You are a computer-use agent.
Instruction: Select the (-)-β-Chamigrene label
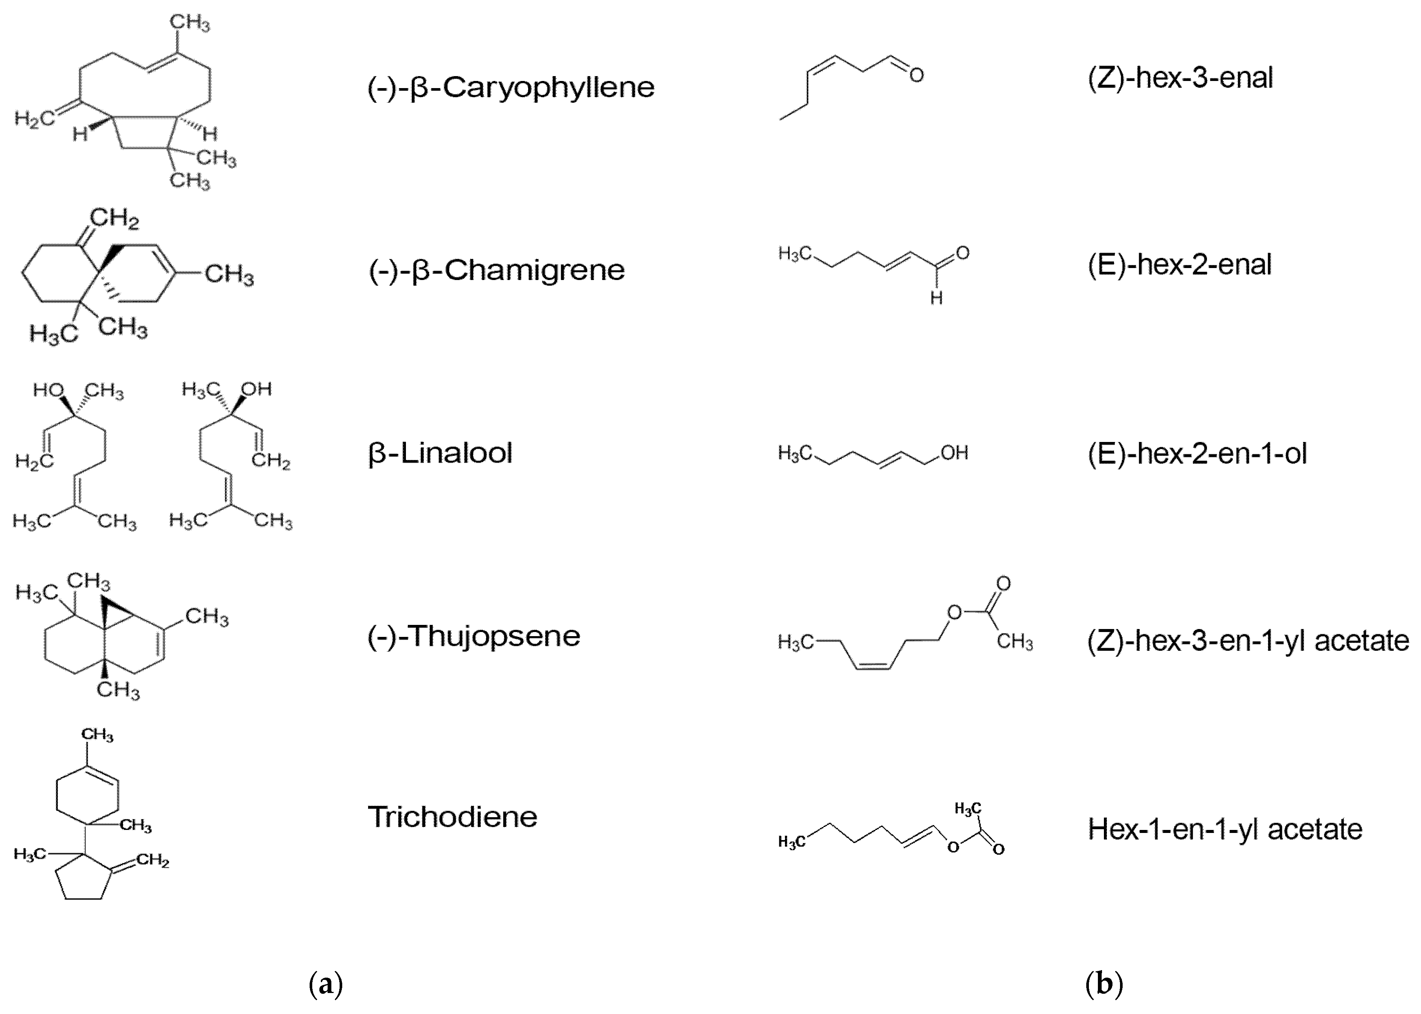point(496,270)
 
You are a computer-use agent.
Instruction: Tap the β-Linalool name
point(440,453)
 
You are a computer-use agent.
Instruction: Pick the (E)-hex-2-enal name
point(1179,265)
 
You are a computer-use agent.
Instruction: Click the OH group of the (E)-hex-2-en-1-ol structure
point(954,453)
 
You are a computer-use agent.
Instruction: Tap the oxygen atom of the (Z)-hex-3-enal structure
point(916,76)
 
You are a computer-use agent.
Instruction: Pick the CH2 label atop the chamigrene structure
point(115,219)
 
